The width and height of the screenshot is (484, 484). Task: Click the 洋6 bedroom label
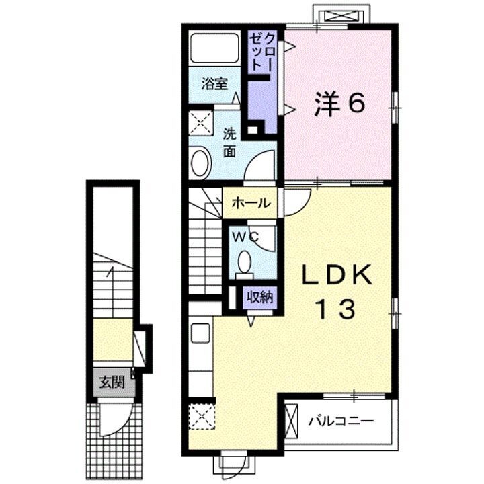coord(339,104)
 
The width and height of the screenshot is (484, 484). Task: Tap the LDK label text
coord(337,275)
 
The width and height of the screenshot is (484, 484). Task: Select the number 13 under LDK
coord(335,309)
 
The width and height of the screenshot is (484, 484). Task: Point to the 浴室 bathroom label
coord(215,84)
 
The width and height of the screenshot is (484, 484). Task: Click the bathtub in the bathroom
coord(214,48)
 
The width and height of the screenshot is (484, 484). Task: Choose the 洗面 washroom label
coord(230,143)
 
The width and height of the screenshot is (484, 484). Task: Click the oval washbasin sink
coord(201,163)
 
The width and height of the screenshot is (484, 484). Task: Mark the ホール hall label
coord(251,203)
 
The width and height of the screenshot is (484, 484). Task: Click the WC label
coord(245,237)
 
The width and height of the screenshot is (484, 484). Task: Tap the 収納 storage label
coord(260,298)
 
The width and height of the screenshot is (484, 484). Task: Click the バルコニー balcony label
coord(341,421)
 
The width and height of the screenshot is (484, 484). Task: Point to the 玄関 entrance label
coord(112,382)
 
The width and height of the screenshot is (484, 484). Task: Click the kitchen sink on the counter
coord(200,333)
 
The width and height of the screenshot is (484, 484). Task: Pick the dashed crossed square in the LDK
coord(202,416)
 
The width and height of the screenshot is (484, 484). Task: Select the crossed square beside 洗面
coord(201,123)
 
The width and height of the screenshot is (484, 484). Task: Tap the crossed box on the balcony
coord(291,421)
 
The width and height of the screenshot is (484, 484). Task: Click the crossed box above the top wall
coord(341,15)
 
